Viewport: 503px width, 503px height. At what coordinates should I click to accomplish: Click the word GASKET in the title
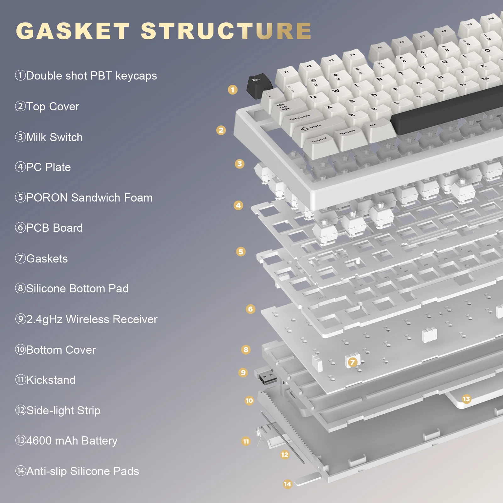click(x=73, y=31)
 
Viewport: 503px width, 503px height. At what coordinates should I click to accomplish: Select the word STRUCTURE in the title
click(x=226, y=31)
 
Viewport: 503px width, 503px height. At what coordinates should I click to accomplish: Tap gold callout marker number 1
click(x=233, y=90)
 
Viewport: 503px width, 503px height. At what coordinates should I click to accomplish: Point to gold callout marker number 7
click(x=352, y=362)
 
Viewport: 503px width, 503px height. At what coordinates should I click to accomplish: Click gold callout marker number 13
click(x=466, y=399)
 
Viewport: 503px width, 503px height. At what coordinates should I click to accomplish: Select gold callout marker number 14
click(x=287, y=484)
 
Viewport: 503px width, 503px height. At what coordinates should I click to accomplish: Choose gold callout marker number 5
click(x=241, y=251)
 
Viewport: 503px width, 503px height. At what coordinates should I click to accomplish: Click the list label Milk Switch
click(x=54, y=137)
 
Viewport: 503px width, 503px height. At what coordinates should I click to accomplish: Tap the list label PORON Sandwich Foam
click(x=89, y=198)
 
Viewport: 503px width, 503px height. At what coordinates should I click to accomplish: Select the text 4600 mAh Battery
click(x=72, y=441)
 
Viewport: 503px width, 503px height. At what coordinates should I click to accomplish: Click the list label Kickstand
click(x=51, y=380)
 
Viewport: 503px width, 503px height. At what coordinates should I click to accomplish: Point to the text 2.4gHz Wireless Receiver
click(x=91, y=319)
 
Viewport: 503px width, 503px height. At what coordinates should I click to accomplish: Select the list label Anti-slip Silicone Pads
click(x=82, y=471)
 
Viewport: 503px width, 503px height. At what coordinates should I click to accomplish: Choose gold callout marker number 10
click(x=249, y=401)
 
